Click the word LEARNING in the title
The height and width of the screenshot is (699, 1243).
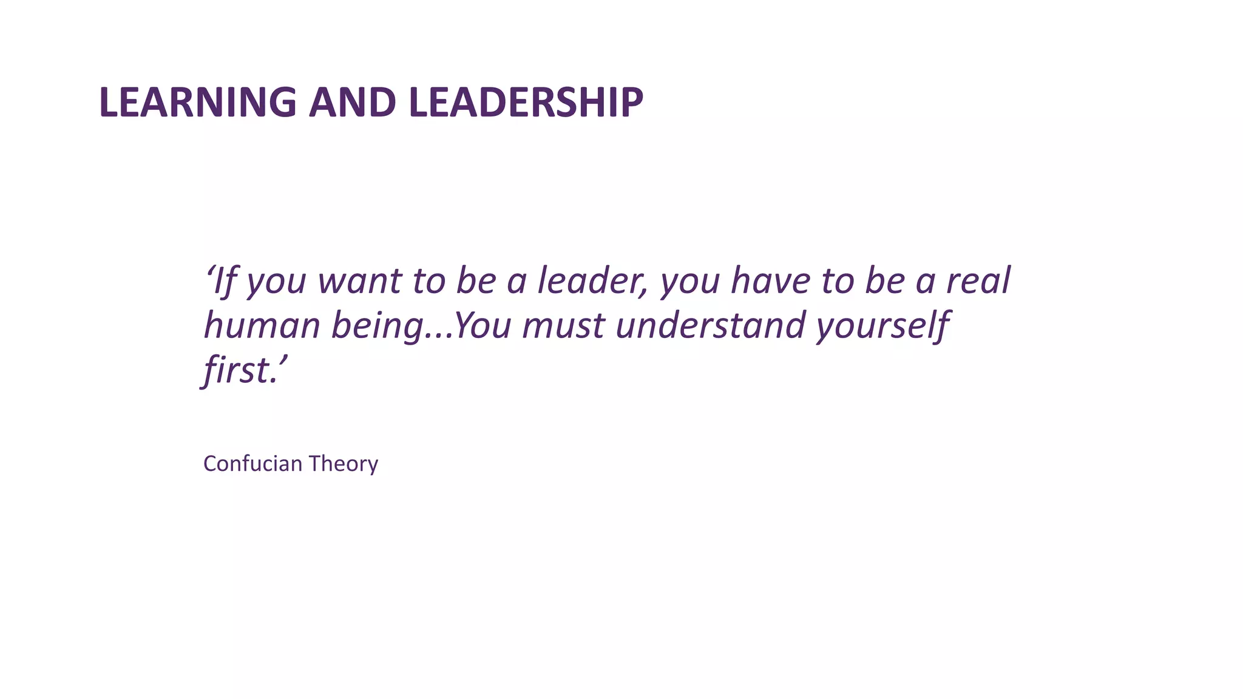coord(197,102)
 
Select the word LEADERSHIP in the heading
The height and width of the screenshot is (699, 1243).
coord(526,102)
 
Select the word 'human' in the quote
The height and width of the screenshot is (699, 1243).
coord(262,325)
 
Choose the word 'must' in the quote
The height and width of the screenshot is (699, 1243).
coord(563,325)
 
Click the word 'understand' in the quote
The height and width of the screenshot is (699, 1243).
coord(710,325)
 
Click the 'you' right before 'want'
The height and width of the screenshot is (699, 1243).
coord(276,282)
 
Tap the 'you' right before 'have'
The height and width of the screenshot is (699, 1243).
coord(690,282)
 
